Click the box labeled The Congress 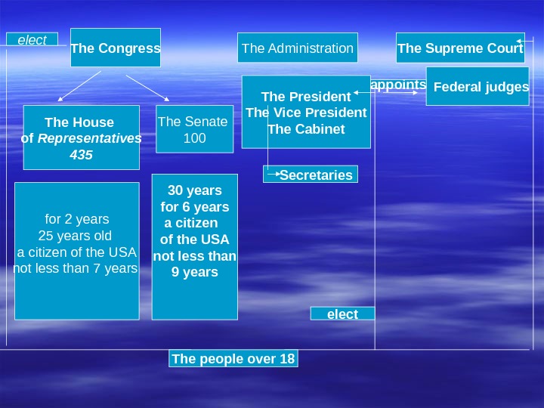coord(115,48)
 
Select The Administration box coord(298,48)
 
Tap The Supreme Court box coord(460,48)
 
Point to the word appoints coord(399,85)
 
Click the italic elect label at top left coord(32,40)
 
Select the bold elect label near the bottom coord(342,314)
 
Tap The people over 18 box coord(233,359)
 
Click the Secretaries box coord(315,175)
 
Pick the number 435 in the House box coord(81,155)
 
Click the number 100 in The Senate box coord(194,138)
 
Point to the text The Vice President coord(306,113)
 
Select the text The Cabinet coord(306,128)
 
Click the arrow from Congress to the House coord(80,85)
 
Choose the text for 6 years coord(195,207)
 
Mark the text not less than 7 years coord(76,268)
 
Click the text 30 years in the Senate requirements coord(195,190)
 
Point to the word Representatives coord(90,138)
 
